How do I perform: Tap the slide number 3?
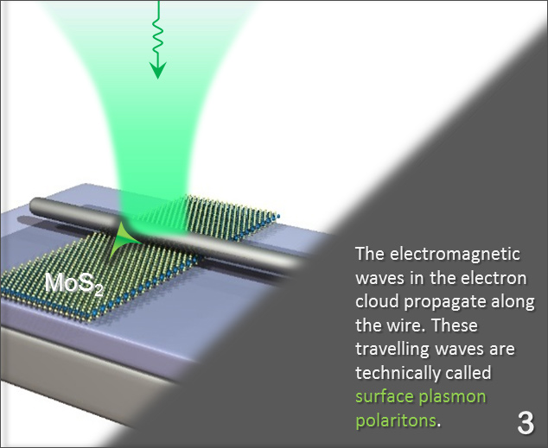pyautogui.click(x=525, y=422)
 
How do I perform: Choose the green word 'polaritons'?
pyautogui.click(x=396, y=422)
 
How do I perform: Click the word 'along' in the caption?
pyautogui.click(x=513, y=304)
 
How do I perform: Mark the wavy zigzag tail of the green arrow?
pyautogui.click(x=157, y=30)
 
